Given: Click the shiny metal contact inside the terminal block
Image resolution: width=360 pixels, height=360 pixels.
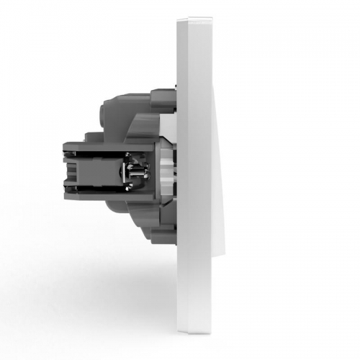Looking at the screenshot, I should [135, 174].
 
